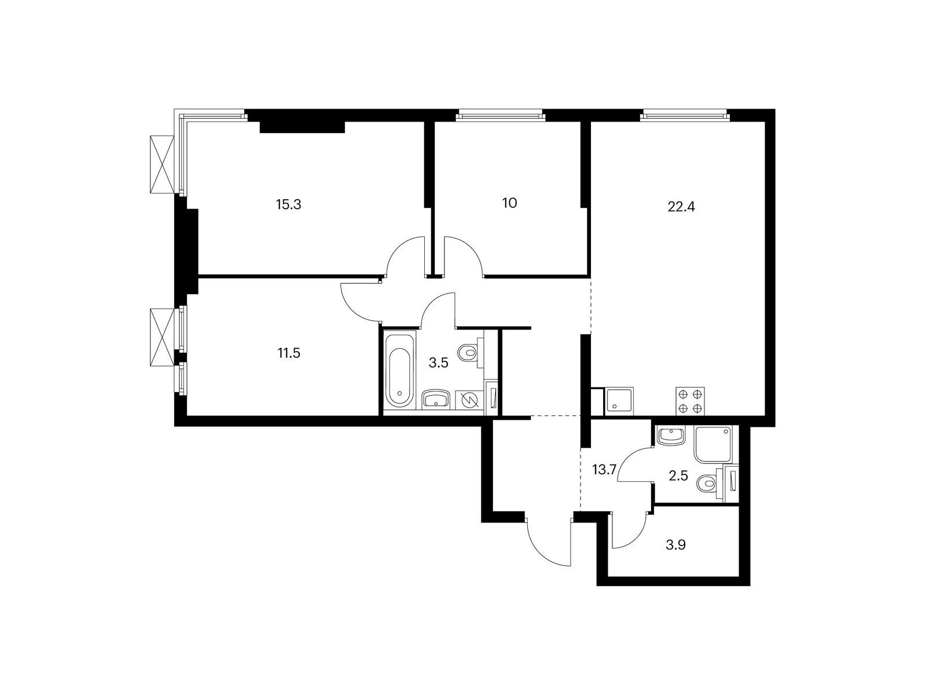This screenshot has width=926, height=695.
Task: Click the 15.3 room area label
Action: (x=289, y=204)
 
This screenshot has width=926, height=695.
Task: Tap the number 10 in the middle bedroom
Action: (x=510, y=203)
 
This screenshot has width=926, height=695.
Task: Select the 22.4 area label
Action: (x=681, y=207)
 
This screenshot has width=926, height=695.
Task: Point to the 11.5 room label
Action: (x=289, y=353)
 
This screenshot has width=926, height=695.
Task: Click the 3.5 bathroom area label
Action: (x=438, y=363)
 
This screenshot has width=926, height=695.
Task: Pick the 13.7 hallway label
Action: (x=605, y=470)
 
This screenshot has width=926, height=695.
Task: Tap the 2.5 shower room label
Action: (x=678, y=476)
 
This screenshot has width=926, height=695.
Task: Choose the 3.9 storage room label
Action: (x=675, y=545)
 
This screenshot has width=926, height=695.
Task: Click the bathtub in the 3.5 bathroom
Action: (x=399, y=370)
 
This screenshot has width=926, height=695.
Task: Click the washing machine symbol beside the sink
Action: (x=469, y=400)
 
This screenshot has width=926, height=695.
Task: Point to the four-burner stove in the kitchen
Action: (x=690, y=401)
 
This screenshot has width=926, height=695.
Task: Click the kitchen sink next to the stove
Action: (x=619, y=401)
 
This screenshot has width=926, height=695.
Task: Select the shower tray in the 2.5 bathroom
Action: (x=713, y=444)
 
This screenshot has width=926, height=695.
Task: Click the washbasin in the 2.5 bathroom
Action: (x=671, y=435)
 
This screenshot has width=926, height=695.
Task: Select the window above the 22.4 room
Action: (x=684, y=115)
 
